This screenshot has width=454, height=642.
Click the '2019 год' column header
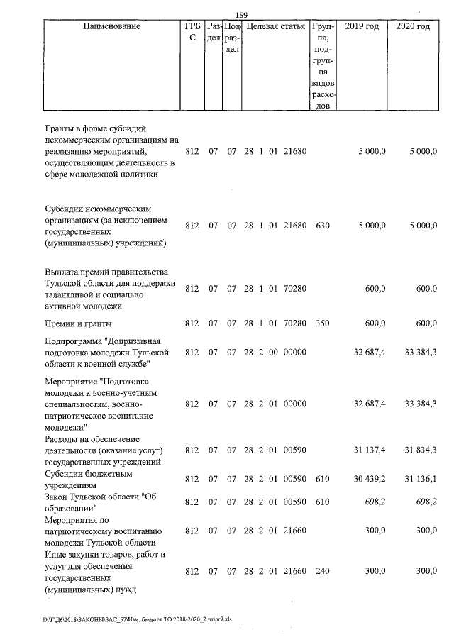coord(361,26)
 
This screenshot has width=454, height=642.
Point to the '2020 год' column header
coord(413,26)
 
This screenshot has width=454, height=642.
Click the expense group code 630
coord(322,226)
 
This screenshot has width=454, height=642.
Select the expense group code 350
coord(322,323)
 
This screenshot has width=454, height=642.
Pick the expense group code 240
coord(322,570)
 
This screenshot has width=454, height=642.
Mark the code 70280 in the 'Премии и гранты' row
coord(294,323)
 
